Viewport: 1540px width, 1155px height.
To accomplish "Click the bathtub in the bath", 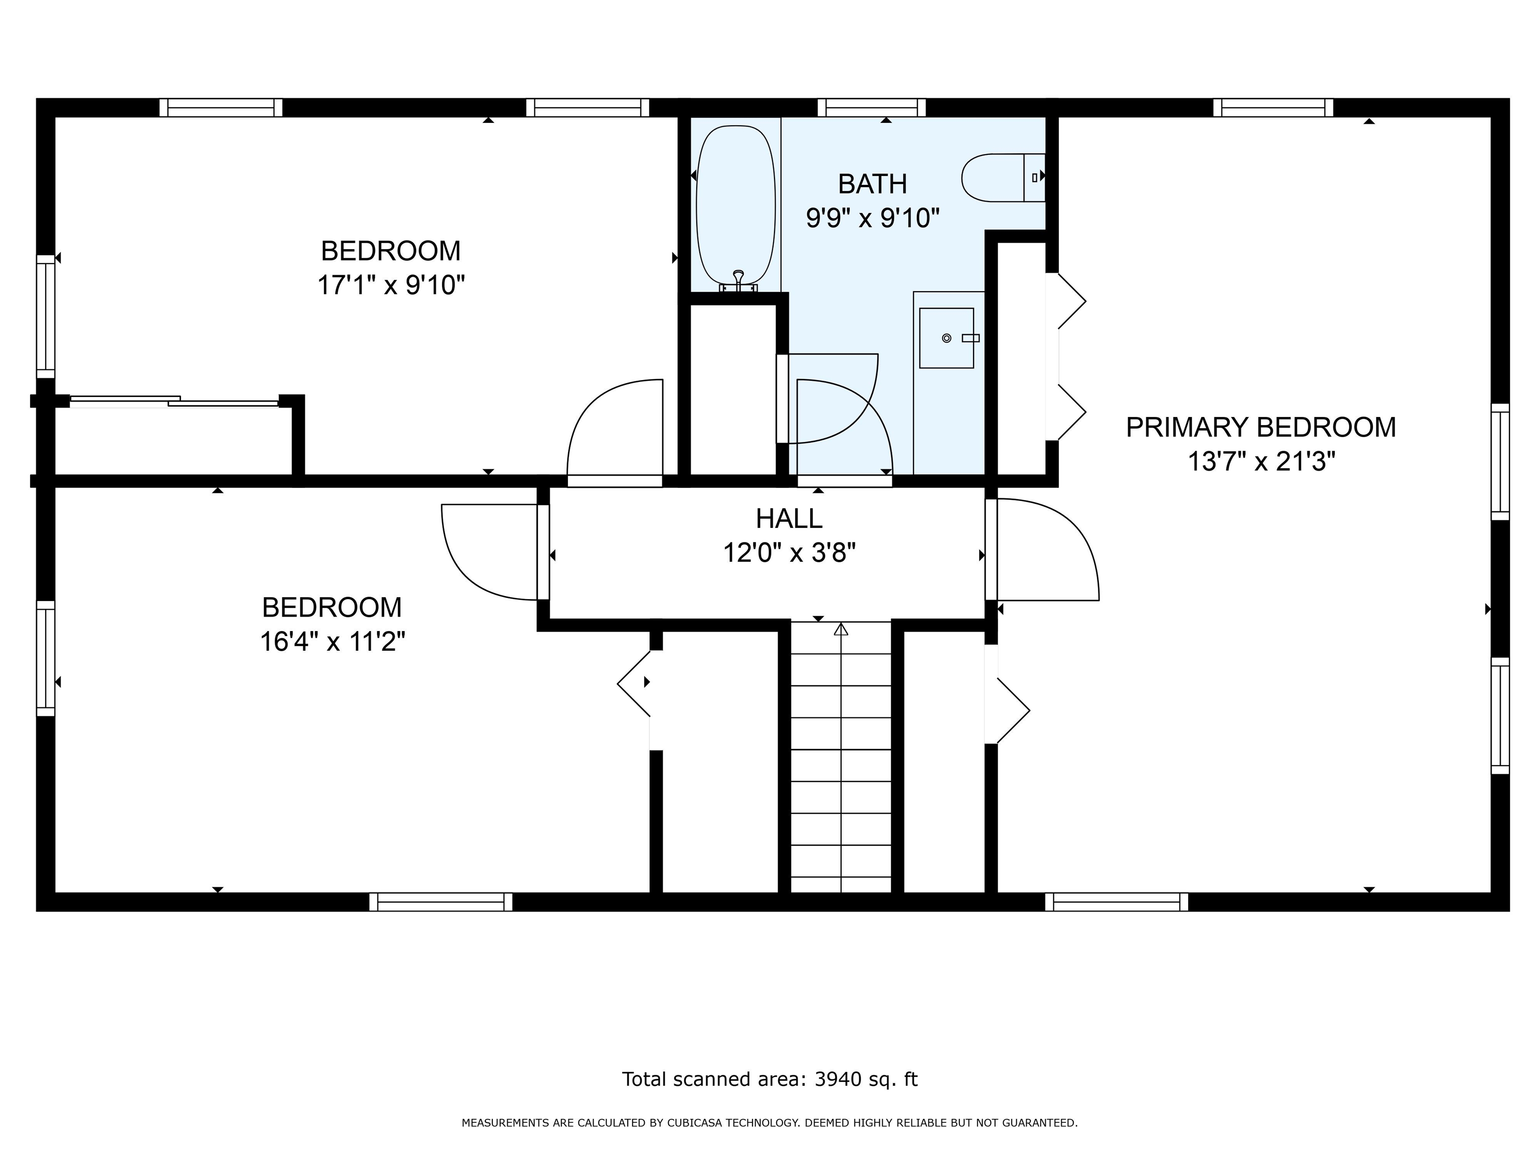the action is [735, 206].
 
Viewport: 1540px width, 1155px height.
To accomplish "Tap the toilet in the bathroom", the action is [1003, 177].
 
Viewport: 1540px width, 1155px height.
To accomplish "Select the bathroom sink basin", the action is [946, 338].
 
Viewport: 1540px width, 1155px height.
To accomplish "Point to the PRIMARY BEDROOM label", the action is [1261, 427].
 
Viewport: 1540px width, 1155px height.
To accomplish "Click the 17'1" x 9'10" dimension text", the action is [391, 285].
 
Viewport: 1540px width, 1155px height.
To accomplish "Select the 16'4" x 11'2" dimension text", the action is [333, 641].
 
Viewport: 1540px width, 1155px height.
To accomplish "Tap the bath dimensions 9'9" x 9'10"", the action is [872, 218].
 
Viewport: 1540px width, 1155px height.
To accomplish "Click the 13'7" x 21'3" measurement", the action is [1261, 461].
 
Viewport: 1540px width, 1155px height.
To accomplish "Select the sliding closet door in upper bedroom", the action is [174, 401].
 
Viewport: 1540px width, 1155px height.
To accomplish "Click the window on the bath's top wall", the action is [872, 107].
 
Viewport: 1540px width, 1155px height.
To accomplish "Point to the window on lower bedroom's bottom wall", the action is [441, 901].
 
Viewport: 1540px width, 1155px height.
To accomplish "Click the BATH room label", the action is [872, 184].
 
